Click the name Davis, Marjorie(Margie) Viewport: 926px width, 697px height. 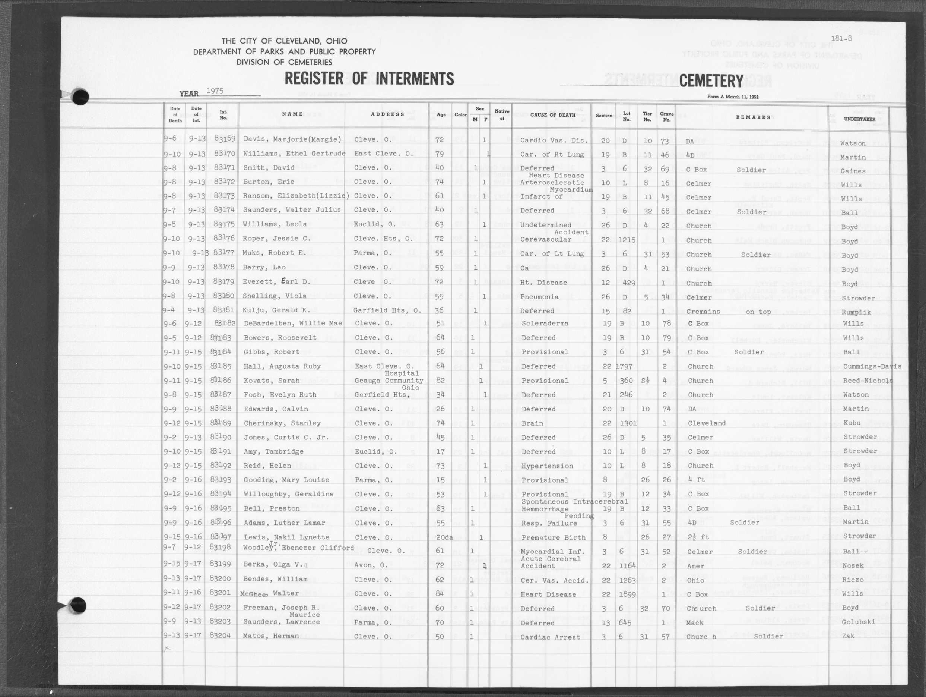pyautogui.click(x=292, y=139)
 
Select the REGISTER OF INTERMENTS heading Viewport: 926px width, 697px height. pyautogui.click(x=369, y=79)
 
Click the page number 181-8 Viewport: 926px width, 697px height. pyautogui.click(x=841, y=38)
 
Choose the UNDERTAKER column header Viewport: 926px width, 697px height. pyautogui.click(x=859, y=119)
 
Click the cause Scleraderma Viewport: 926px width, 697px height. pyautogui.click(x=545, y=324)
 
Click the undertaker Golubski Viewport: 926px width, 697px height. pyautogui.click(x=858, y=622)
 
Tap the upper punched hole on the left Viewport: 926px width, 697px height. pyautogui.click(x=80, y=97)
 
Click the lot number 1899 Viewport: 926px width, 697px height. pyautogui.click(x=626, y=594)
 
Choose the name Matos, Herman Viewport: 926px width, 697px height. pyautogui.click(x=271, y=636)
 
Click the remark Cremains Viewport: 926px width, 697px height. pyautogui.click(x=703, y=312)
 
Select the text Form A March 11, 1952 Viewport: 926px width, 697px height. pyautogui.click(x=733, y=97)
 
